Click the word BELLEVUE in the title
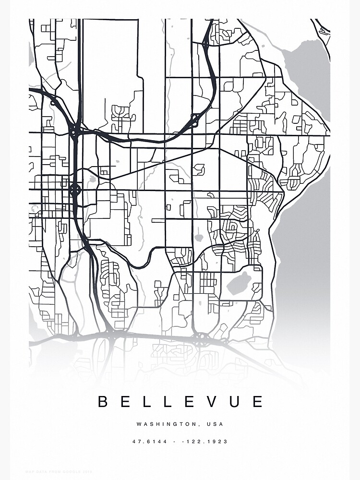180,401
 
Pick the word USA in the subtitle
216,424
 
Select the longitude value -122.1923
207,441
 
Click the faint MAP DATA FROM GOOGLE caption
53,472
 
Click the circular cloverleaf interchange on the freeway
75,190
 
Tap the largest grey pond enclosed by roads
240,283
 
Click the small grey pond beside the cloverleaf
92,180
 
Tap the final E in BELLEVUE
258,401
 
